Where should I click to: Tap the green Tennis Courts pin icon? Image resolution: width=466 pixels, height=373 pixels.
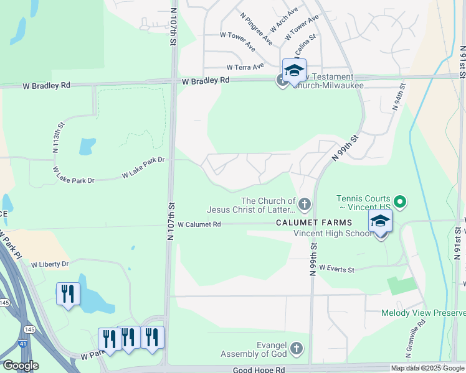coord(401,201)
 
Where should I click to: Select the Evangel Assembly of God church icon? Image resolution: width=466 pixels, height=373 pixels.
coord(297,349)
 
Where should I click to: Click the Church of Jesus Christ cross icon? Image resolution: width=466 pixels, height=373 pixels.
coord(304,204)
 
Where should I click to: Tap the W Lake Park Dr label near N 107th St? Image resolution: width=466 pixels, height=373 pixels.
coord(143,168)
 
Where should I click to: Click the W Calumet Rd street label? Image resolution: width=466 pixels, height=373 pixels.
coord(199,224)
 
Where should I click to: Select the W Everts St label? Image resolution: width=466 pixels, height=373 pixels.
coord(336,269)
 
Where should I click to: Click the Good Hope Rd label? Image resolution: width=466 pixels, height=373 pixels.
coord(259,369)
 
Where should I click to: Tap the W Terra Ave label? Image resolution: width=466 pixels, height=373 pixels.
coord(241,67)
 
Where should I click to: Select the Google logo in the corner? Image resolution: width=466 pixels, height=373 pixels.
coord(21,366)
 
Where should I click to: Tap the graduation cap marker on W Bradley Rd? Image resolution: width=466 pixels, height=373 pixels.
coord(294,70)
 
